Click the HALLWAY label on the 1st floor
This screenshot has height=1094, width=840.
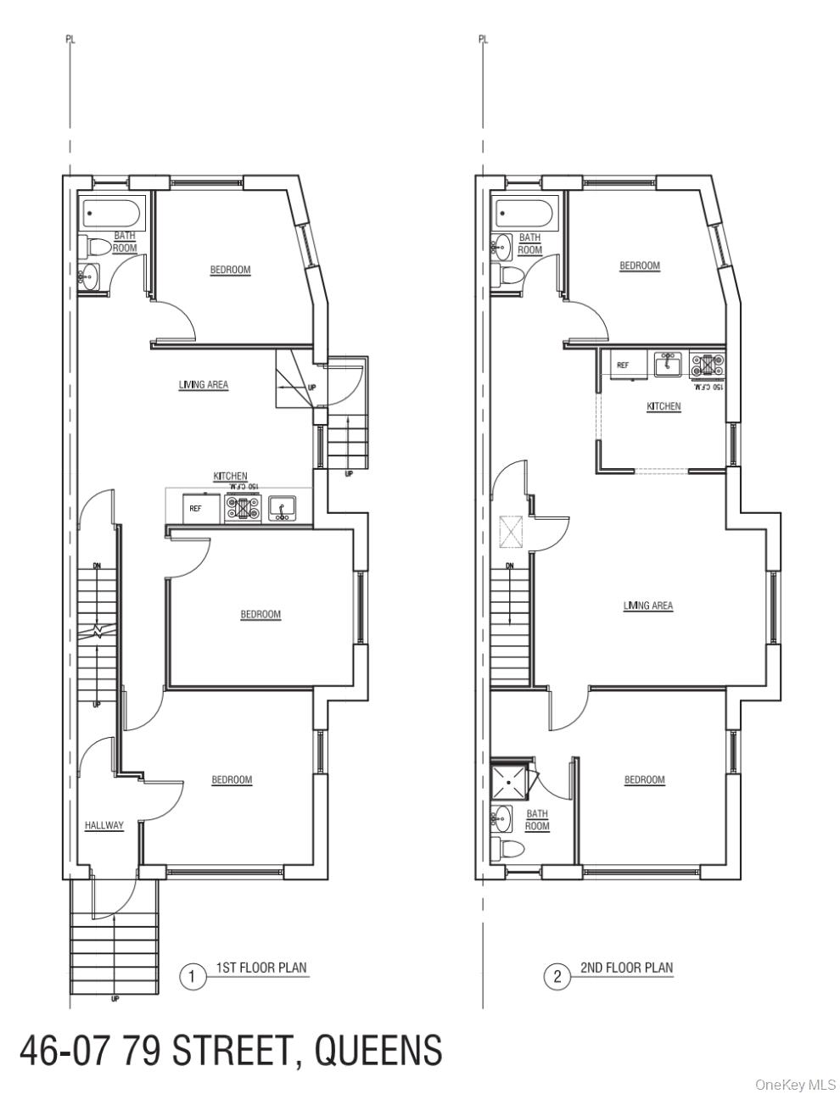[104, 825]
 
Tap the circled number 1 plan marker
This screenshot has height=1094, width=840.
[193, 976]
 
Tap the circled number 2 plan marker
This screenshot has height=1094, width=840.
[557, 976]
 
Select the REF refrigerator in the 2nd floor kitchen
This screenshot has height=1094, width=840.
[624, 366]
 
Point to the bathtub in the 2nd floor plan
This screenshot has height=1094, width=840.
[524, 211]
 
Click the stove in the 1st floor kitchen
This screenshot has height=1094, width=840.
[243, 508]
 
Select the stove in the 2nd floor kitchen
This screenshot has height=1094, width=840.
[707, 365]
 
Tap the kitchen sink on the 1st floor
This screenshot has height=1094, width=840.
[282, 508]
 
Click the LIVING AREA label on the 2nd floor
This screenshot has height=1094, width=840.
[648, 606]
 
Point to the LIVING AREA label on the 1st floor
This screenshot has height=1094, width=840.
[204, 385]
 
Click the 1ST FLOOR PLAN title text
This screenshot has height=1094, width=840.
[261, 968]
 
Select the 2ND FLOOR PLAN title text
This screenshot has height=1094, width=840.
[627, 968]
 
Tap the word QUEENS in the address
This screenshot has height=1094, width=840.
[378, 1052]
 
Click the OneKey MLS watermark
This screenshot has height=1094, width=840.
[795, 1084]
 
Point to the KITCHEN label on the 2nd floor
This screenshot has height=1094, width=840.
[664, 406]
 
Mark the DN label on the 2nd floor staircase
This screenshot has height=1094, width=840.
[510, 567]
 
